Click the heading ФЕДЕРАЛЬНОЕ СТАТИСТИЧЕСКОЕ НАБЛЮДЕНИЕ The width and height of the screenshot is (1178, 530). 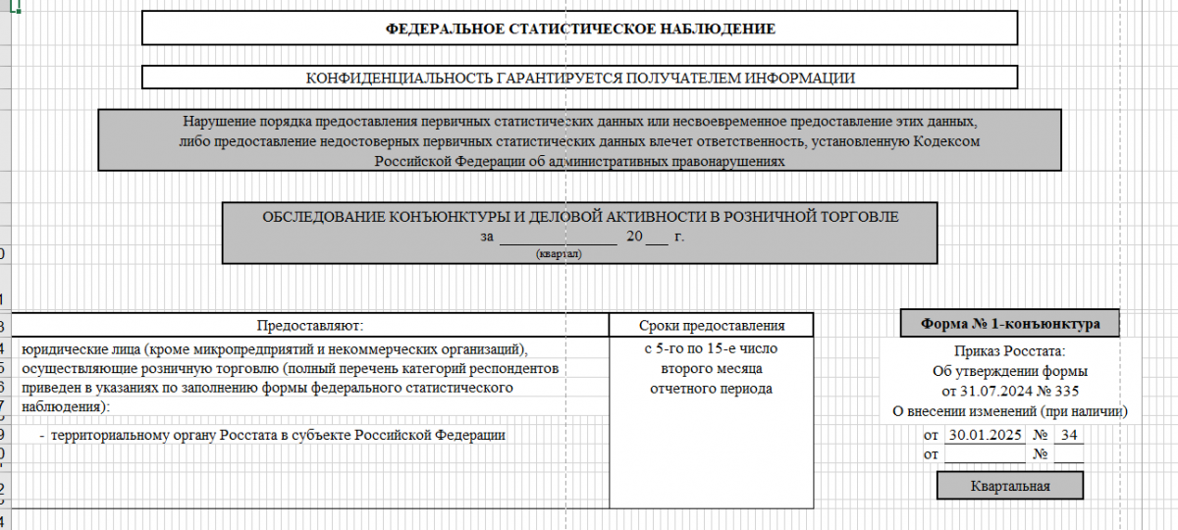(x=580, y=28)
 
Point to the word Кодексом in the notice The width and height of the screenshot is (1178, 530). (x=950, y=141)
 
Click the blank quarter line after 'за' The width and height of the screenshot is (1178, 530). (x=558, y=238)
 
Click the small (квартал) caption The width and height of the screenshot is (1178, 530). (x=559, y=254)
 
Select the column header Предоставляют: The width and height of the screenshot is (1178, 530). (x=310, y=325)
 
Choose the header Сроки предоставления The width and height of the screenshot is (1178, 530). (x=712, y=325)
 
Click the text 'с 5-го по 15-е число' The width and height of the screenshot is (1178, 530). (x=712, y=348)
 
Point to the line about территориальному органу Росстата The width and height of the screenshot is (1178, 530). (x=279, y=435)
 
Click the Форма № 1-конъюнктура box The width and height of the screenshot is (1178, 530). (x=1010, y=323)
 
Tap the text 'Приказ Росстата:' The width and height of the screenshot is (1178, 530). (x=1009, y=351)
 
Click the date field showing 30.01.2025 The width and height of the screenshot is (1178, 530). (x=984, y=434)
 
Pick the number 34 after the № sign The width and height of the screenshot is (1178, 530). (x=1069, y=434)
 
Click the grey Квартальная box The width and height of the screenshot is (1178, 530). (x=1010, y=486)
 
